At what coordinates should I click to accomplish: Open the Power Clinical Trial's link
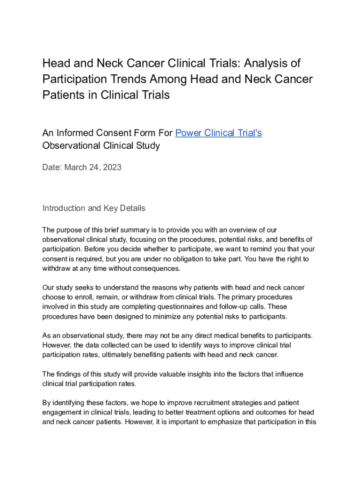click(218, 133)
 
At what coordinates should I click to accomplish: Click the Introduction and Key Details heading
click(94, 208)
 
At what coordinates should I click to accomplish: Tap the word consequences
click(157, 269)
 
